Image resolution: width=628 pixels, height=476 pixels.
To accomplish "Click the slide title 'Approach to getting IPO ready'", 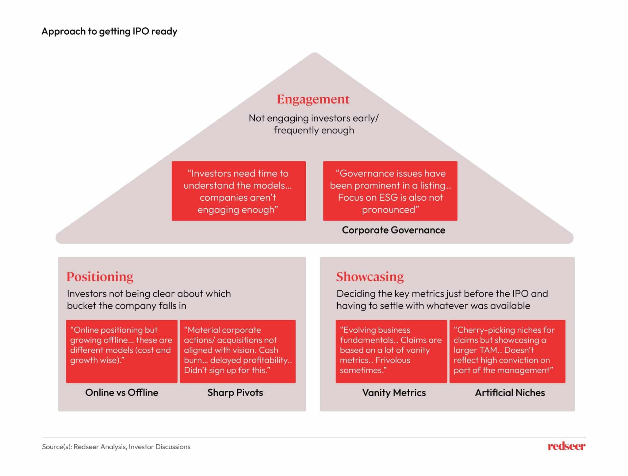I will tap(109, 31).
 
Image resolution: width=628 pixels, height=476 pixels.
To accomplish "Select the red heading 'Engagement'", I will tap(313, 99).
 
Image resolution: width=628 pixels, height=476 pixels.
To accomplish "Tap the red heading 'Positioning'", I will tap(100, 277).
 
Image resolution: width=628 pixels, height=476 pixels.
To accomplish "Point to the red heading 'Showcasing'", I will tap(370, 277).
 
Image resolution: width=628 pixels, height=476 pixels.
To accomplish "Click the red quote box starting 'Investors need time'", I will tap(239, 191).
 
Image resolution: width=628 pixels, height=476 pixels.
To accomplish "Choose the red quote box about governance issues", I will tap(390, 191).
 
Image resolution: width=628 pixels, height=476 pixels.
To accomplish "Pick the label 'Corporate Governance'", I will tap(393, 230).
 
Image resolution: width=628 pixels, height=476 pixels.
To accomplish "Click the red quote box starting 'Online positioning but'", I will tap(122, 351).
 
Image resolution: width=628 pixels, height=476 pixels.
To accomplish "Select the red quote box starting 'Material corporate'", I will tap(238, 351).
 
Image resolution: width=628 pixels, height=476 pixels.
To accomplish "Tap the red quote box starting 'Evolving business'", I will tap(391, 351).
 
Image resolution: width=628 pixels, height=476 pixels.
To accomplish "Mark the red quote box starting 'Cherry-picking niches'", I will tap(507, 351).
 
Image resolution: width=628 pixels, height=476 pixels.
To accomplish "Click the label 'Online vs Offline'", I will tap(122, 393).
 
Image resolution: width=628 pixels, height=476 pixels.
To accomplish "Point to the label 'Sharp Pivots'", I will tap(235, 393).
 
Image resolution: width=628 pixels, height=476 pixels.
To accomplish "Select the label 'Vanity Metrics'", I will tap(394, 393).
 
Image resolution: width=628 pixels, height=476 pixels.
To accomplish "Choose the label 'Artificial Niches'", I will tap(510, 393).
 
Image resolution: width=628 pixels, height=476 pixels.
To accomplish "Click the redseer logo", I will tap(566, 446).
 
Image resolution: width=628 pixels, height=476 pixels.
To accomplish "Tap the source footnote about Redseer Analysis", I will tap(116, 447).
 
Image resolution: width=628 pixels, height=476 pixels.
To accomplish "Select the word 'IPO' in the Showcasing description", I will tap(520, 294).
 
